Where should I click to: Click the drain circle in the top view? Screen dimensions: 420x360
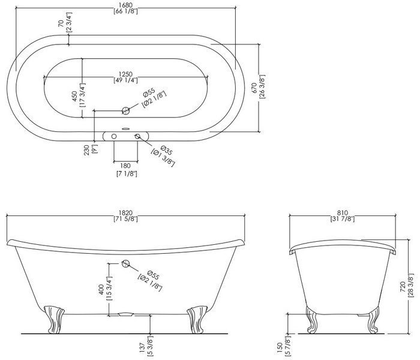click(x=125, y=110)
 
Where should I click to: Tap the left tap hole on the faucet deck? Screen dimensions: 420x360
click(x=114, y=136)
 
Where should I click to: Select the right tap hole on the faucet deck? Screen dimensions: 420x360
click(x=137, y=136)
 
